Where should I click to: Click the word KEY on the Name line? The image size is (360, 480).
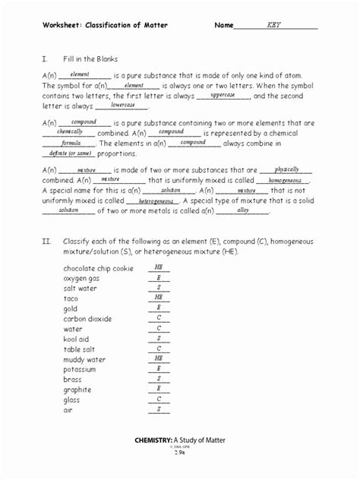(x=274, y=25)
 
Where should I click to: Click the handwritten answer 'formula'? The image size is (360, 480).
(x=71, y=142)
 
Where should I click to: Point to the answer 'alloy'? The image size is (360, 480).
(x=243, y=210)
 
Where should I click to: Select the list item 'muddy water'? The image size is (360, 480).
(x=84, y=359)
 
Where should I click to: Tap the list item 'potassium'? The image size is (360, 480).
(x=81, y=369)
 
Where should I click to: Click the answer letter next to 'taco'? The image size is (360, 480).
(x=159, y=298)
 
